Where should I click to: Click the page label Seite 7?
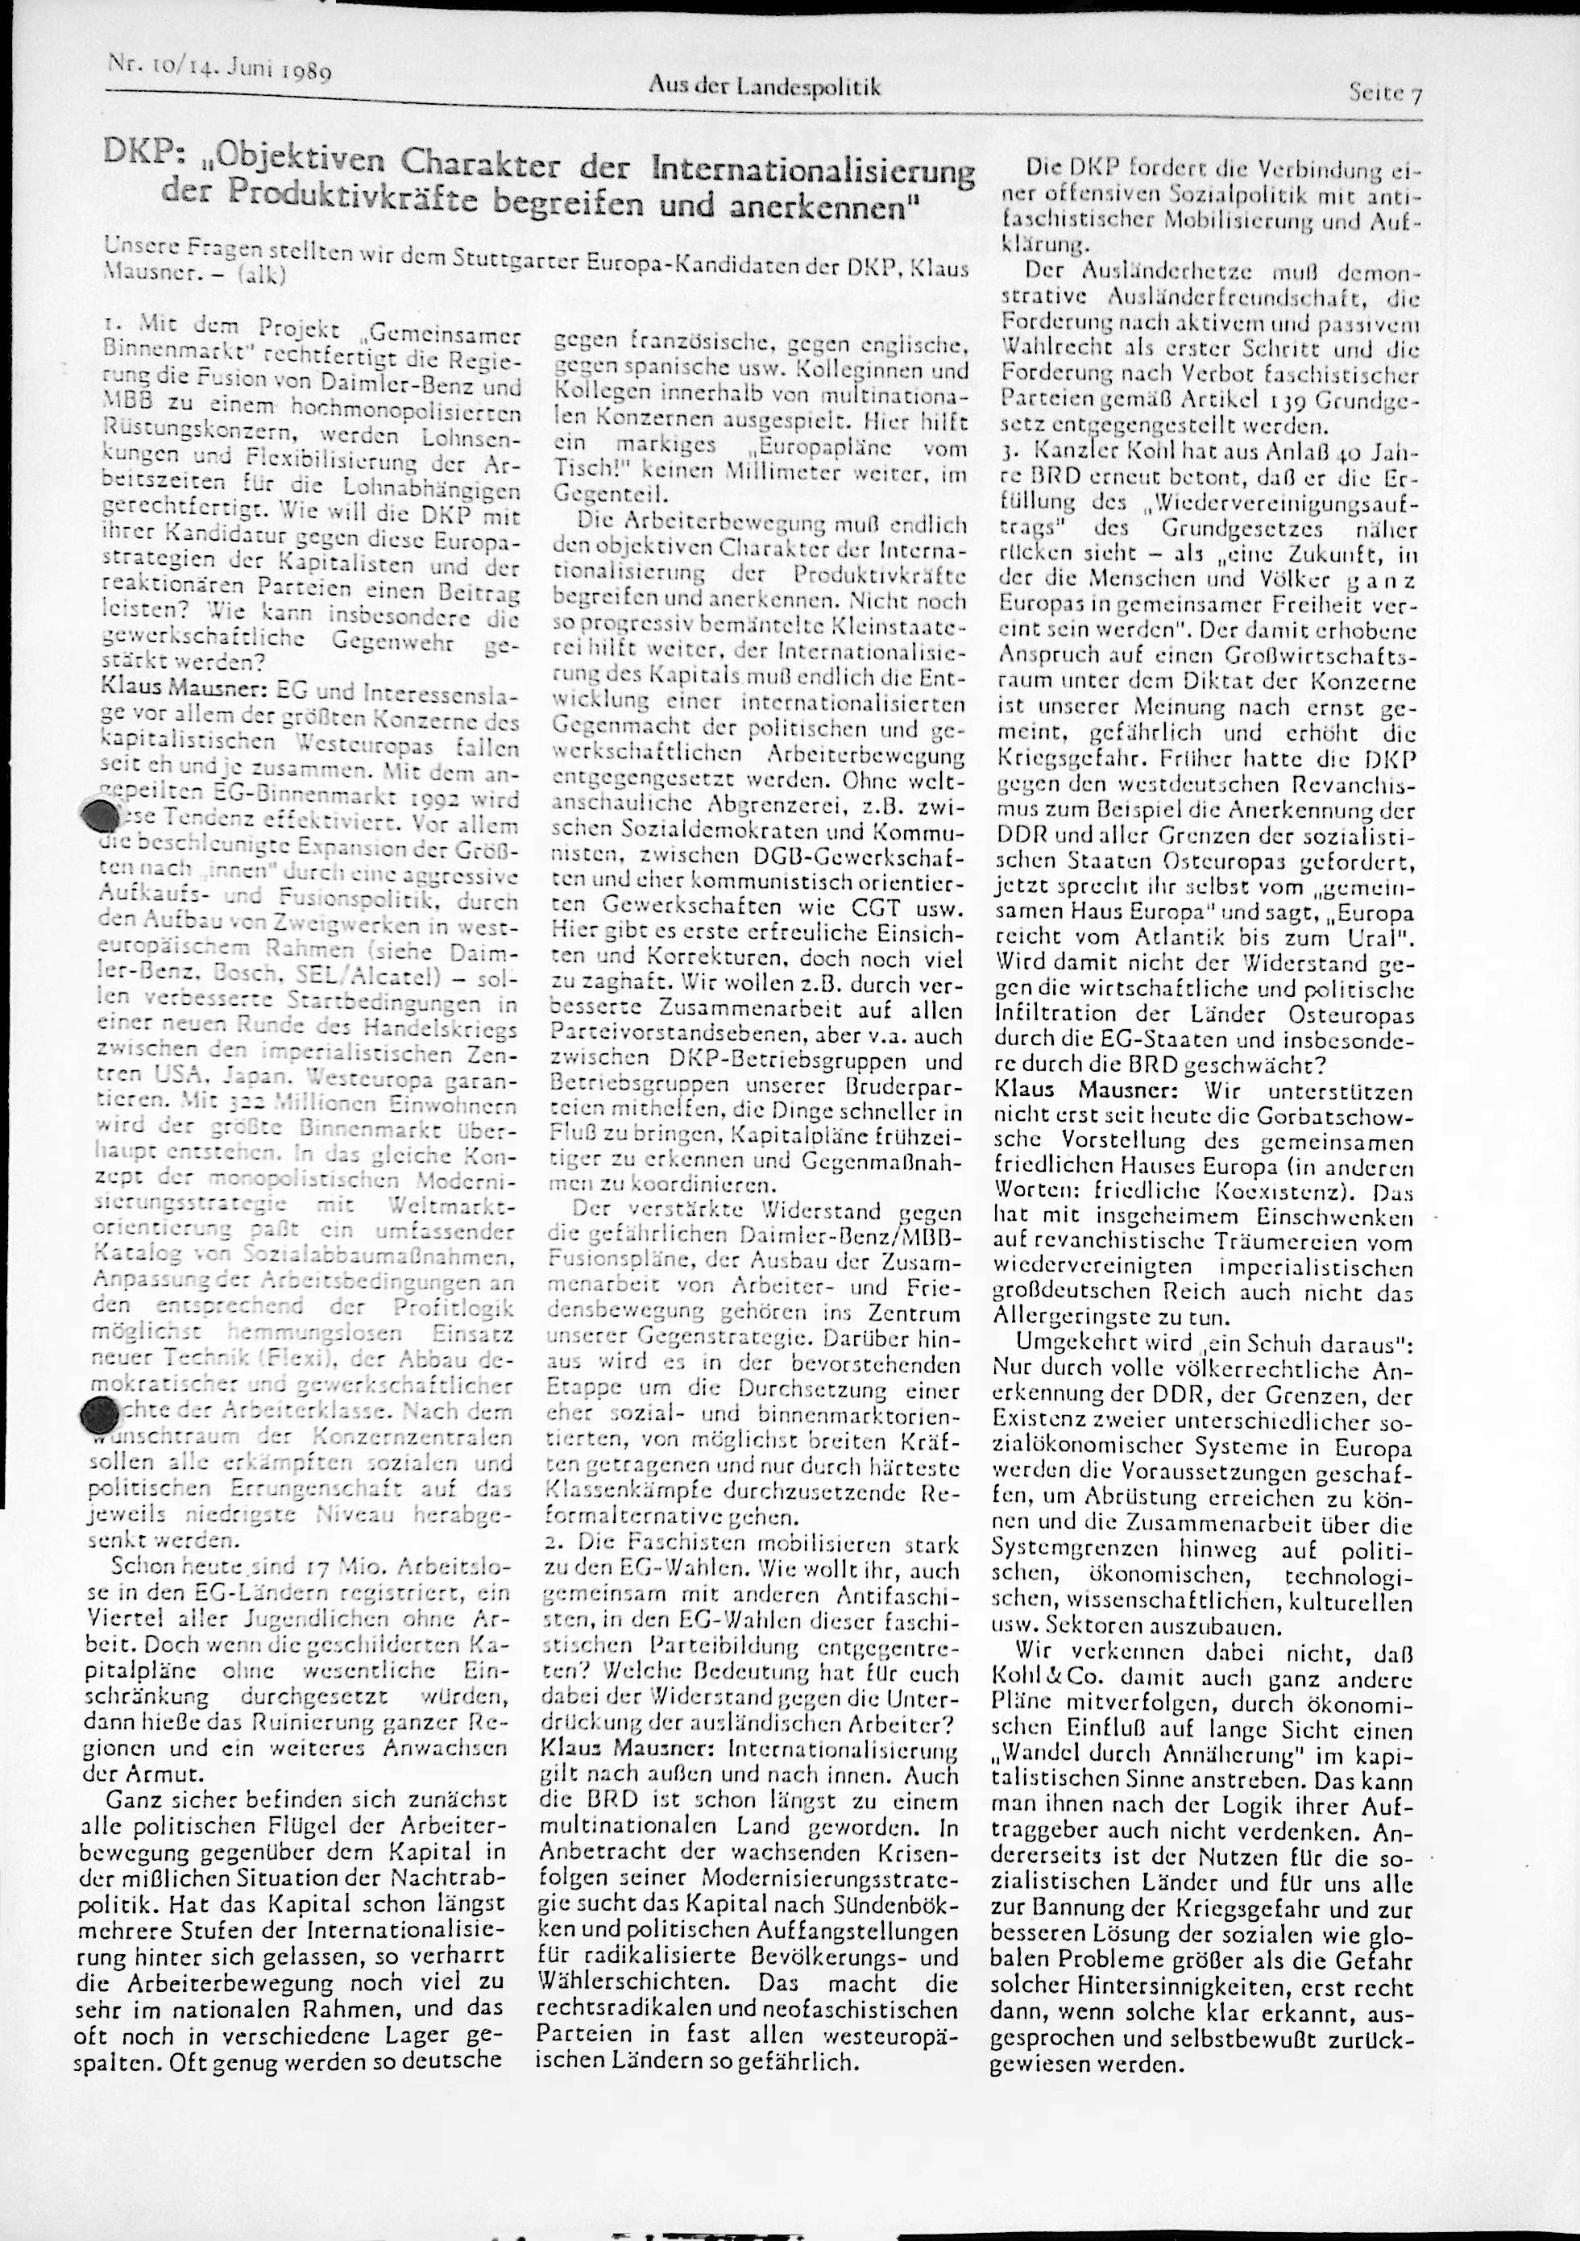[1385, 93]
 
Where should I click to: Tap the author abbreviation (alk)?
[258, 276]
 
